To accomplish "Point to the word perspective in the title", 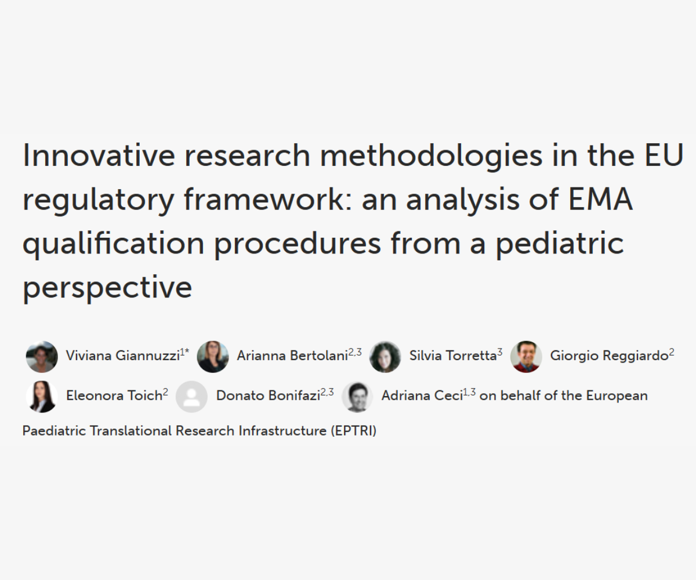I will tap(107, 287).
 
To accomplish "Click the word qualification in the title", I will tap(113, 243).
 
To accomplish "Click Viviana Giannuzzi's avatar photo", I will tap(42, 356).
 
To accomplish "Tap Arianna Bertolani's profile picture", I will tap(213, 356).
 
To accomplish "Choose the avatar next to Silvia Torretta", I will tap(385, 356).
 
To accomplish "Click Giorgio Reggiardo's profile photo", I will tap(526, 356).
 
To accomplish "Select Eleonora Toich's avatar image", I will tap(42, 396).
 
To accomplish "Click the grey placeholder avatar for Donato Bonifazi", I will tap(191, 396).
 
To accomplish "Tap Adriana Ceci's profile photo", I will tap(357, 396).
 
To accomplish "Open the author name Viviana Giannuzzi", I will tap(122, 356).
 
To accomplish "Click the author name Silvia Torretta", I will tap(452, 356).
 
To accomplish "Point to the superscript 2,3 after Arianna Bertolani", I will tap(355, 352).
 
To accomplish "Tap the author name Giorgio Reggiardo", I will tap(608, 356).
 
